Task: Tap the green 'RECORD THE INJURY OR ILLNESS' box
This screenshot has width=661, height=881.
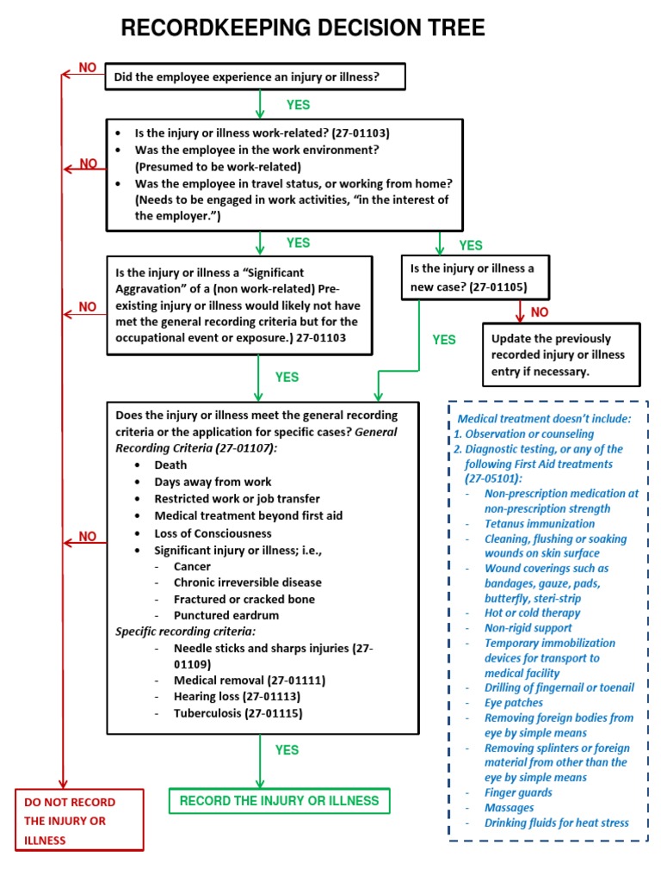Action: (279, 801)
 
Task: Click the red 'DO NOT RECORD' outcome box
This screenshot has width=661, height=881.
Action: (79, 820)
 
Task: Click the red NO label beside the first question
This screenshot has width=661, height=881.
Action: (88, 67)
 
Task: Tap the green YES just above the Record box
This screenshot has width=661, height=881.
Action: (287, 750)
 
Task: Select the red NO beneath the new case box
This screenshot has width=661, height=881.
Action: (540, 311)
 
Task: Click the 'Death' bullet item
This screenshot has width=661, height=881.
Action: (170, 465)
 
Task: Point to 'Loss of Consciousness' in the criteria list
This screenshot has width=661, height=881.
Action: (213, 533)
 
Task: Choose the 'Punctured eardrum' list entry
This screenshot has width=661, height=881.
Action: (225, 615)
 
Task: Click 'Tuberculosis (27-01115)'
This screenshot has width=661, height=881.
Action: (238, 713)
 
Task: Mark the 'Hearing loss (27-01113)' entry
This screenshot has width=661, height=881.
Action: (237, 697)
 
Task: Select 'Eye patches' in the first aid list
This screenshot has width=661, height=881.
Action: (514, 703)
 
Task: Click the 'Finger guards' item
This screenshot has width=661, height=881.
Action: (518, 792)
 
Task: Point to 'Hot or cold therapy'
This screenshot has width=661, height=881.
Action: (532, 613)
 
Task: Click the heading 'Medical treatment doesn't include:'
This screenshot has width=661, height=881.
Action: (543, 419)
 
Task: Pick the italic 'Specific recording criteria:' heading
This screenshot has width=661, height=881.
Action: (185, 631)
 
